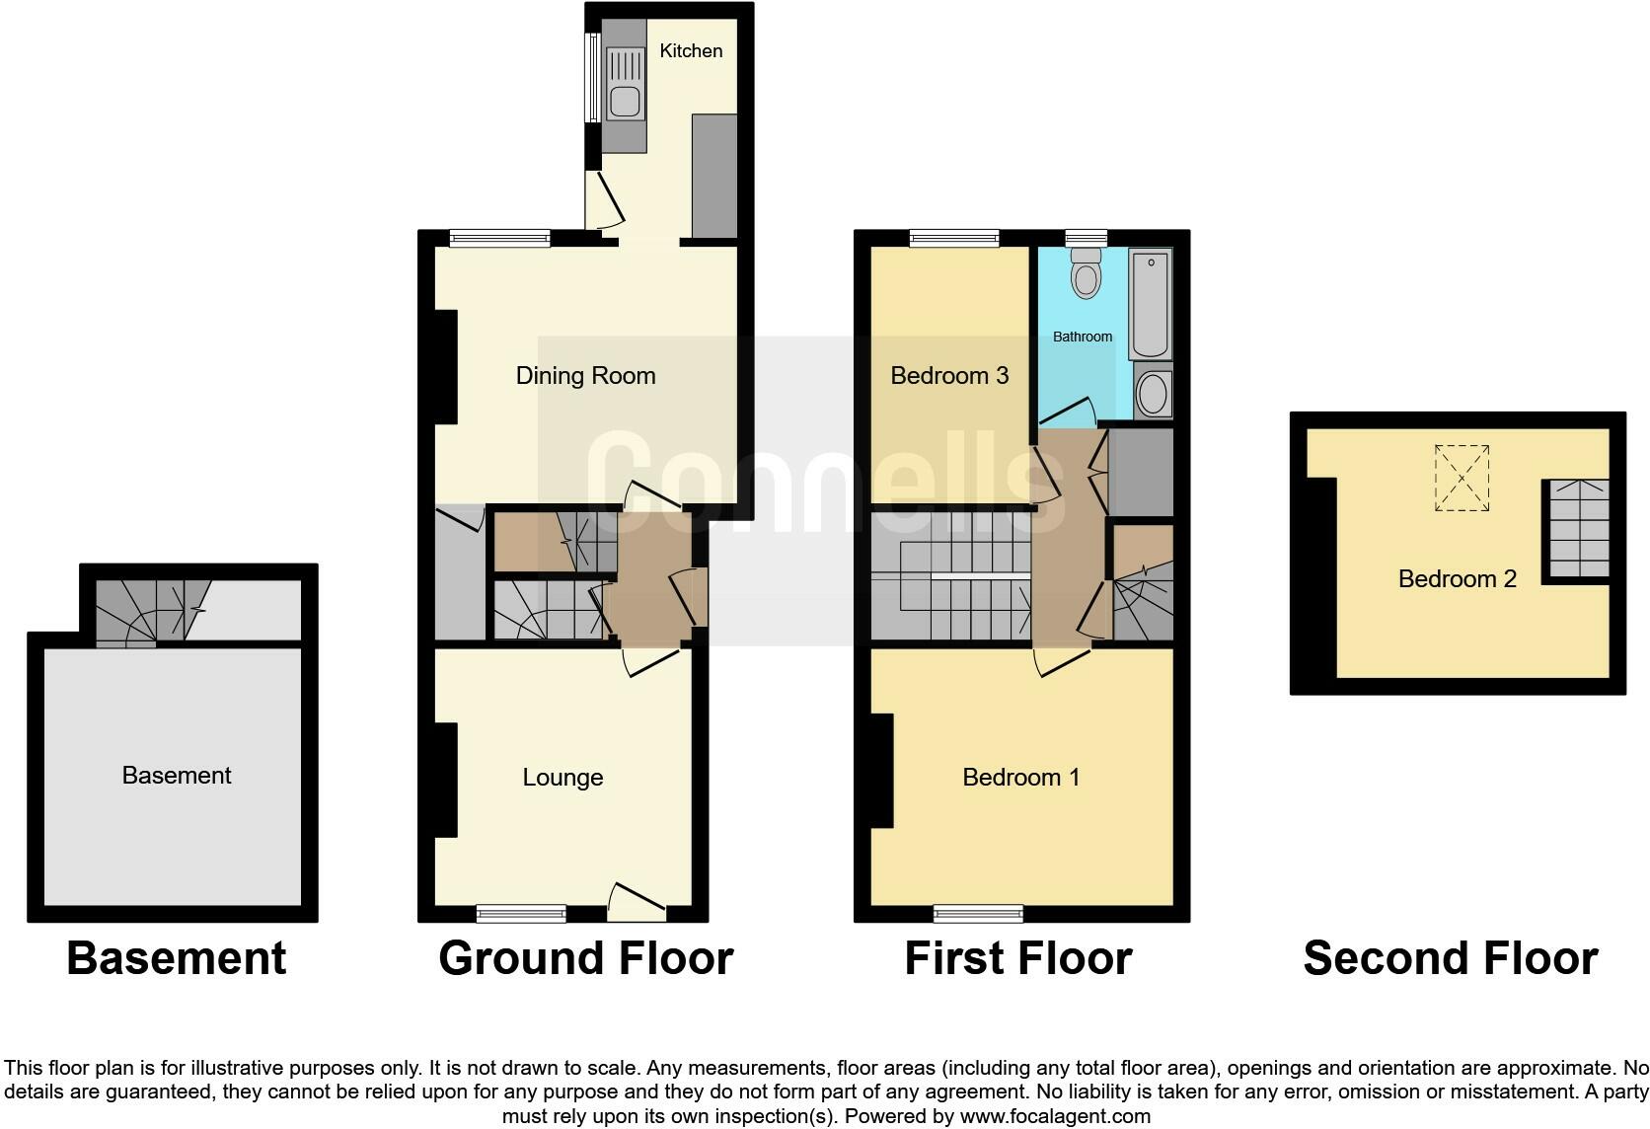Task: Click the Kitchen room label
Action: pyautogui.click(x=691, y=51)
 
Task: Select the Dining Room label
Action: pyautogui.click(x=585, y=376)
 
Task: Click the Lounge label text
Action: pyautogui.click(x=562, y=778)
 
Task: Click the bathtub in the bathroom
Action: pyautogui.click(x=1149, y=304)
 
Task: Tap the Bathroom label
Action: pyautogui.click(x=1082, y=337)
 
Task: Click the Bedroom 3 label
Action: pyautogui.click(x=948, y=376)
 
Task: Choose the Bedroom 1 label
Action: pyautogui.click(x=1020, y=778)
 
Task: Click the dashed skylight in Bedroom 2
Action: pyautogui.click(x=1462, y=478)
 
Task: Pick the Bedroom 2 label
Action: pyautogui.click(x=1457, y=579)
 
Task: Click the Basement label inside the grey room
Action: pyautogui.click(x=176, y=776)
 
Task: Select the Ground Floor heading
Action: pyautogui.click(x=585, y=958)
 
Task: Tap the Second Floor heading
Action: pyautogui.click(x=1450, y=958)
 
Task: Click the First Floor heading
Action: pyautogui.click(x=1017, y=958)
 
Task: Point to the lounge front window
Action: pyautogui.click(x=521, y=914)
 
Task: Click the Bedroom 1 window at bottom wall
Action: pyautogui.click(x=979, y=914)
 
